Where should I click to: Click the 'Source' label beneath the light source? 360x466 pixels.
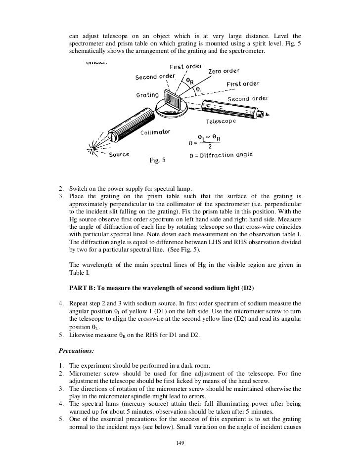click(119, 154)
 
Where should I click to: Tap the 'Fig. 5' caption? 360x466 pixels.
click(157, 161)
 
